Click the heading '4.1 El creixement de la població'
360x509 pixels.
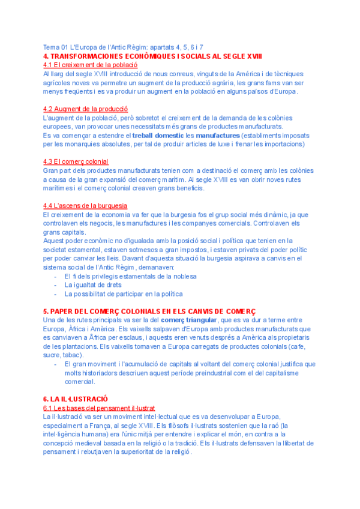click(x=90, y=64)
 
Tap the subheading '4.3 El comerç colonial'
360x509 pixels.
click(x=76, y=161)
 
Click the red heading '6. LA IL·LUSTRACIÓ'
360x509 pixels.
click(x=75, y=399)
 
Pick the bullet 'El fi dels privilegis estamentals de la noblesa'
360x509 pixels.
click(x=131, y=276)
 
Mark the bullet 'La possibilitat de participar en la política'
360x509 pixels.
click(x=124, y=294)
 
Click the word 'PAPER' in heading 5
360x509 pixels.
click(x=62, y=311)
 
